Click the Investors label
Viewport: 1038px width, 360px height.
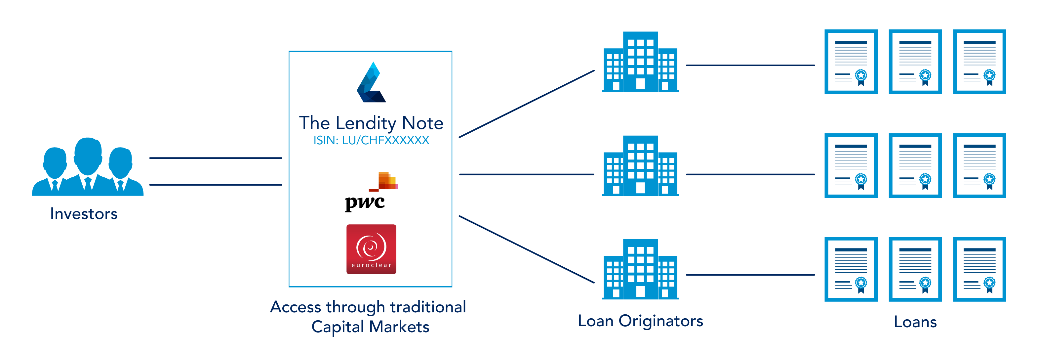84,214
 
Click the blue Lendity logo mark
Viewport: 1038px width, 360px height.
371,82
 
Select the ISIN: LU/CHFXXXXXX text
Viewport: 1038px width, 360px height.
371,140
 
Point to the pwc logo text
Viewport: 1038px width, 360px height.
365,203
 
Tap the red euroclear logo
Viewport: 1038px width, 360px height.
371,249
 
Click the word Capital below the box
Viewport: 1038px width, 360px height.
338,327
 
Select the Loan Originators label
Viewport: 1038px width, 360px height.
640,321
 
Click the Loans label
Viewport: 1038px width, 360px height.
915,322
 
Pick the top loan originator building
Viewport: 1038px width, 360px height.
640,62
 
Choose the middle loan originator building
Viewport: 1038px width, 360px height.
640,166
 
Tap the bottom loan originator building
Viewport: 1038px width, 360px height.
640,269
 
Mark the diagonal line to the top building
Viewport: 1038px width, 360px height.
527,104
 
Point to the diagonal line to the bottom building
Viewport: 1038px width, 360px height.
527,249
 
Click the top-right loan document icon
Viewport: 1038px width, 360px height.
979,62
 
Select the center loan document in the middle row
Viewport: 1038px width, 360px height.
915,166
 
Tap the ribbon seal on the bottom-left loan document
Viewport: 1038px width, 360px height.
861,285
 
